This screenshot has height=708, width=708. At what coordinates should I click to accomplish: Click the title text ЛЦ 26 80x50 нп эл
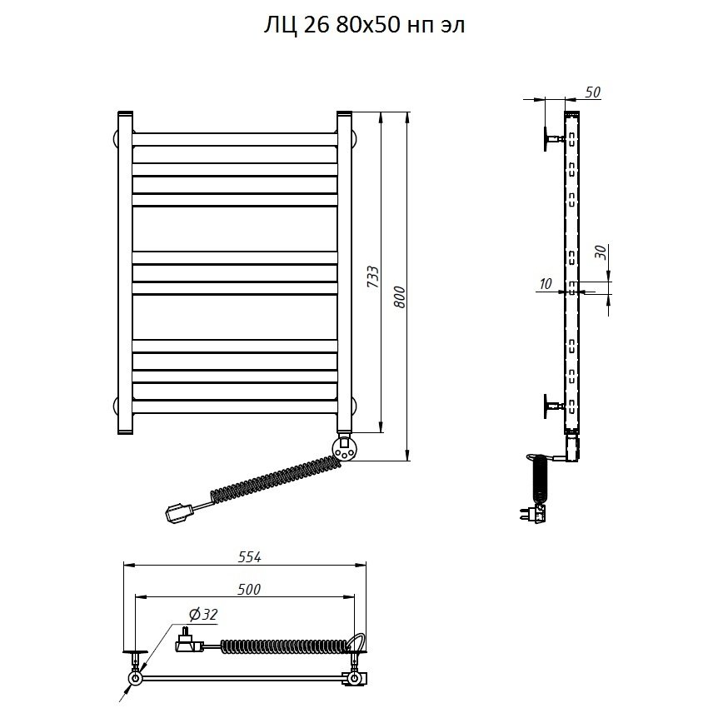[364, 26]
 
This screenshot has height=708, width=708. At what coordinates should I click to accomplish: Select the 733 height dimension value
[373, 277]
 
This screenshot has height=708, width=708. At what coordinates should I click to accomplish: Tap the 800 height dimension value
[400, 297]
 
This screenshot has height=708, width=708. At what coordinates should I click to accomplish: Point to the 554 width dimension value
[249, 557]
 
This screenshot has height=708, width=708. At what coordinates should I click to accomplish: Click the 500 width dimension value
[249, 589]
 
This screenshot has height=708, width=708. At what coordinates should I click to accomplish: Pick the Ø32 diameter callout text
[203, 615]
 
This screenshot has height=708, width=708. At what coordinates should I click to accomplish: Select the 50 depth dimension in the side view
[592, 92]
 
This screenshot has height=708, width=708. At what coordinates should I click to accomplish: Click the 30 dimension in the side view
[601, 252]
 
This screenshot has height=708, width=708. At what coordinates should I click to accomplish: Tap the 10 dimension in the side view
[546, 284]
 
